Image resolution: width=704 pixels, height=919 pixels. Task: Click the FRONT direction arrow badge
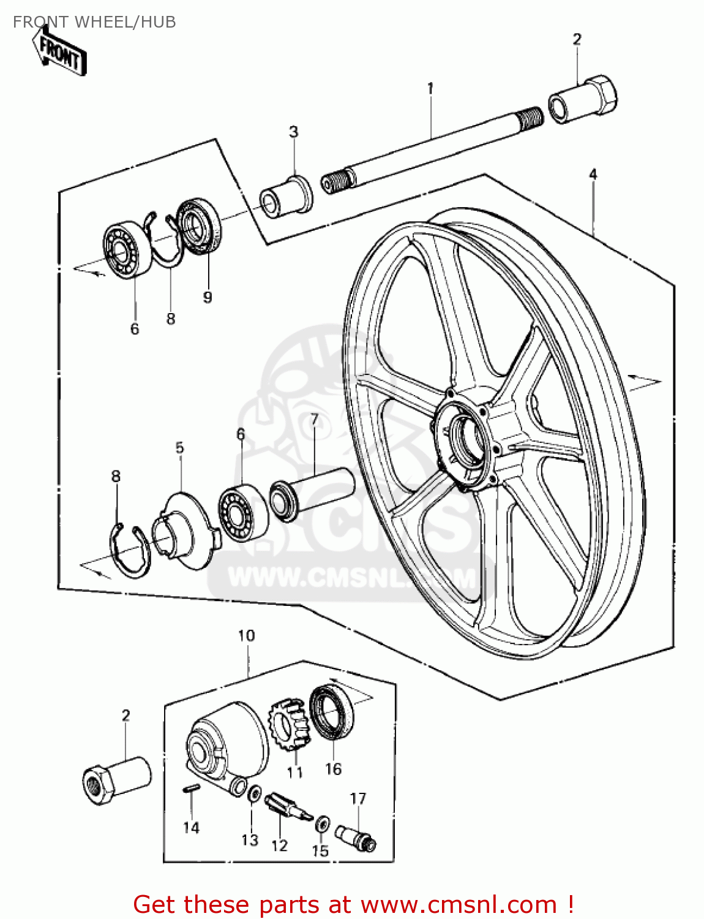click(59, 53)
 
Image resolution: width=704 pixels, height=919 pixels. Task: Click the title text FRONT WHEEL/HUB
click(94, 22)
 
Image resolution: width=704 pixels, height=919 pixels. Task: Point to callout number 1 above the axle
click(430, 88)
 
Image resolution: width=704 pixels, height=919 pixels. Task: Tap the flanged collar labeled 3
click(286, 195)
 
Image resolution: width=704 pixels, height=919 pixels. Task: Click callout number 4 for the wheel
click(593, 175)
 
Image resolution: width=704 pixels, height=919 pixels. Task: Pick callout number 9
click(208, 297)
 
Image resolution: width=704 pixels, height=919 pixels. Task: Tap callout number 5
click(179, 448)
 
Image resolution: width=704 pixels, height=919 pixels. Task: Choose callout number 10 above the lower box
click(246, 636)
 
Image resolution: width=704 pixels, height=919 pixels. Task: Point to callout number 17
click(358, 798)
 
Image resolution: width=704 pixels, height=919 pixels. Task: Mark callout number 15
click(320, 851)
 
